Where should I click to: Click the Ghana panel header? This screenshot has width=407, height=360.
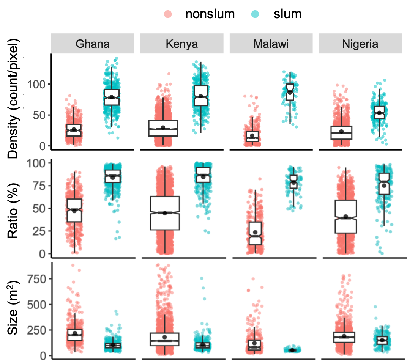(93, 44)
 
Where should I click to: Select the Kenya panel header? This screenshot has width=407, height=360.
(182, 44)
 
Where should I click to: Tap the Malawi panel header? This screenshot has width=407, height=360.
(271, 44)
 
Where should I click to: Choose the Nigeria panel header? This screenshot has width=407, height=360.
(360, 44)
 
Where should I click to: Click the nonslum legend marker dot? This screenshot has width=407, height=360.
(167, 14)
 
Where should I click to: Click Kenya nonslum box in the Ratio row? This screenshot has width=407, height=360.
(165, 213)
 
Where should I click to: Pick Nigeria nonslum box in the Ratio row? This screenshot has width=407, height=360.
(346, 216)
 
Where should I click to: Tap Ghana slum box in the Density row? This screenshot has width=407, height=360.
(111, 97)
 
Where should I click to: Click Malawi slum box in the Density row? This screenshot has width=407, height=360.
(290, 92)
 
